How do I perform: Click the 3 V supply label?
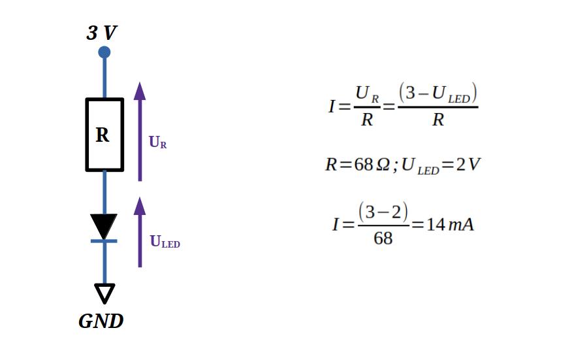click(101, 33)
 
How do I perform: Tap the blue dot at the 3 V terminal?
click(104, 52)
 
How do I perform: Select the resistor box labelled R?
click(104, 135)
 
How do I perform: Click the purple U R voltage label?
click(158, 142)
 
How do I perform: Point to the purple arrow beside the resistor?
click(140, 131)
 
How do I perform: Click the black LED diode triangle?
click(104, 225)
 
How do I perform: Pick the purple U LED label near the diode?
click(165, 242)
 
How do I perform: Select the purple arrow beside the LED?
click(140, 232)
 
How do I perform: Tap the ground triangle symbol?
click(104, 293)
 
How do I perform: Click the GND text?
click(101, 321)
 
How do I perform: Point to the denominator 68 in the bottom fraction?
click(383, 239)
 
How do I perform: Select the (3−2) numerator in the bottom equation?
click(383, 212)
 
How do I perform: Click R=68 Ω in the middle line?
click(358, 164)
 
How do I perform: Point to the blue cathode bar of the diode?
click(104, 241)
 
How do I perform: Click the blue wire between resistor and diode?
click(104, 192)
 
